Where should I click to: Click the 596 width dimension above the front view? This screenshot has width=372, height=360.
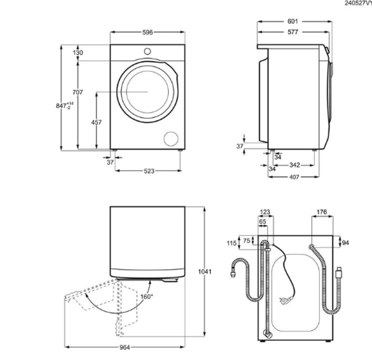148,32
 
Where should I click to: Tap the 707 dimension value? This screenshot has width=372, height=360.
78,92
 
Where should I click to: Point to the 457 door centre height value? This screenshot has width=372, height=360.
96,122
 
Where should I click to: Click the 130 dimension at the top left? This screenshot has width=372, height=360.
78,53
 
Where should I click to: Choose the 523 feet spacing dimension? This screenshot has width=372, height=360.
148,171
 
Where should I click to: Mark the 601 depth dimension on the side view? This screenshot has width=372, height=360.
293,22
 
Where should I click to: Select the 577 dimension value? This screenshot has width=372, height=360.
293,32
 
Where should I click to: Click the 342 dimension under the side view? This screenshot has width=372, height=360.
294,165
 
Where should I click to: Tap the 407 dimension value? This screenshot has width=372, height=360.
294,177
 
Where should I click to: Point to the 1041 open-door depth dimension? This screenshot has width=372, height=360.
204,272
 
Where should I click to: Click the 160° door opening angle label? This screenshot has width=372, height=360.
147,296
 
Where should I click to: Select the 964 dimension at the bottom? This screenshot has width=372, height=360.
125,347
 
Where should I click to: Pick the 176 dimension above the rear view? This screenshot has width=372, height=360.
321,212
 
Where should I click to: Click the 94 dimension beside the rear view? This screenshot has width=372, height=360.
345,243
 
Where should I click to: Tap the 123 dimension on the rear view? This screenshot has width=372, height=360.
265,212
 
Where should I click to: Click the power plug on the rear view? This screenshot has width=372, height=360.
285,298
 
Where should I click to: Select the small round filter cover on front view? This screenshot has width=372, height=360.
171,138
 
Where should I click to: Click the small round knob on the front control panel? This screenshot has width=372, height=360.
147,51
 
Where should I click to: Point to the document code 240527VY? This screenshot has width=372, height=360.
358,5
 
